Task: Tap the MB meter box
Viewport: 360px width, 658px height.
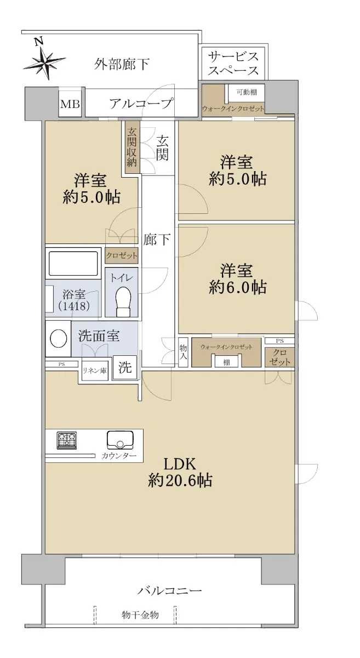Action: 71,104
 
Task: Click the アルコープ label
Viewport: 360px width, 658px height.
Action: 141,104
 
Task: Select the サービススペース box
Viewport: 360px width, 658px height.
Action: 234,63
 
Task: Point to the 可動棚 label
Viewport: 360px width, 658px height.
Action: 247,92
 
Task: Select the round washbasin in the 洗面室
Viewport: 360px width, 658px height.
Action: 59,338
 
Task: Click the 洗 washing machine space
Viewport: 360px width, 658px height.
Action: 125,367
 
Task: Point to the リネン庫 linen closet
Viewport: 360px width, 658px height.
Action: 95,371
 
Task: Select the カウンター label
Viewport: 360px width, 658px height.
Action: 119,456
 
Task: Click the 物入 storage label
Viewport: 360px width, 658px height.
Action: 183,352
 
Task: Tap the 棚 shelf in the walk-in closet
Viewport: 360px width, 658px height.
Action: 226,362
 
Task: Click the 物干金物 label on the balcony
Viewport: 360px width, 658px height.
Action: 140,615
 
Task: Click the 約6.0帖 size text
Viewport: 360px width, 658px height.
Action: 238,287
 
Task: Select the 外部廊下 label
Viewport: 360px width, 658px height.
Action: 122,64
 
